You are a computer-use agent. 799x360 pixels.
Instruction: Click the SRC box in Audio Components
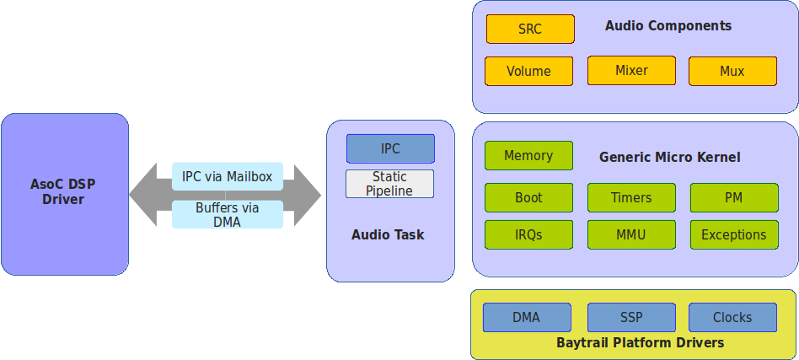point(530,29)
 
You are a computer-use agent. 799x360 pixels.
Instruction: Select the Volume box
point(529,71)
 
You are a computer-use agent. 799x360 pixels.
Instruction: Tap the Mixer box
point(631,70)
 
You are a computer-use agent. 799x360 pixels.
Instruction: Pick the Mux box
point(732,71)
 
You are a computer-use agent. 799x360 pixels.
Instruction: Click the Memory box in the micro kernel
point(529,155)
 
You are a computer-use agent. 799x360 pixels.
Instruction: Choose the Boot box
point(529,197)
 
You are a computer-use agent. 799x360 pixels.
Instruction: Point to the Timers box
point(631,197)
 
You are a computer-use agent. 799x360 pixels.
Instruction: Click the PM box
point(734,197)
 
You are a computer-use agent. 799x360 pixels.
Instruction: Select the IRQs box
point(529,234)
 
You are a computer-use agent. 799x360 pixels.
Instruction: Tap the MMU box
point(631,234)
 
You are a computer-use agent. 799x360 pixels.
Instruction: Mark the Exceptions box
point(734,234)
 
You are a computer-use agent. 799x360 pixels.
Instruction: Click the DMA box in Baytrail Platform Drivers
point(527,317)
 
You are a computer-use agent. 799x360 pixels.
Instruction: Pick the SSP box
point(631,317)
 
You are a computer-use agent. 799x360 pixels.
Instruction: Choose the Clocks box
point(732,317)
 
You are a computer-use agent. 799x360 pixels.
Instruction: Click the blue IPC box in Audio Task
point(390,148)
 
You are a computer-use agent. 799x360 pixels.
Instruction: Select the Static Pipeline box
point(390,184)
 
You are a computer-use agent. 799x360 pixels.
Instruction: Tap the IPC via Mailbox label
point(228,176)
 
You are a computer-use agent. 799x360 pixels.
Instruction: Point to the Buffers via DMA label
point(228,215)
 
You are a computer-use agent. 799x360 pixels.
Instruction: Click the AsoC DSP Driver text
point(63,191)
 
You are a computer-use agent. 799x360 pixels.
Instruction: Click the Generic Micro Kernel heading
point(669,157)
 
